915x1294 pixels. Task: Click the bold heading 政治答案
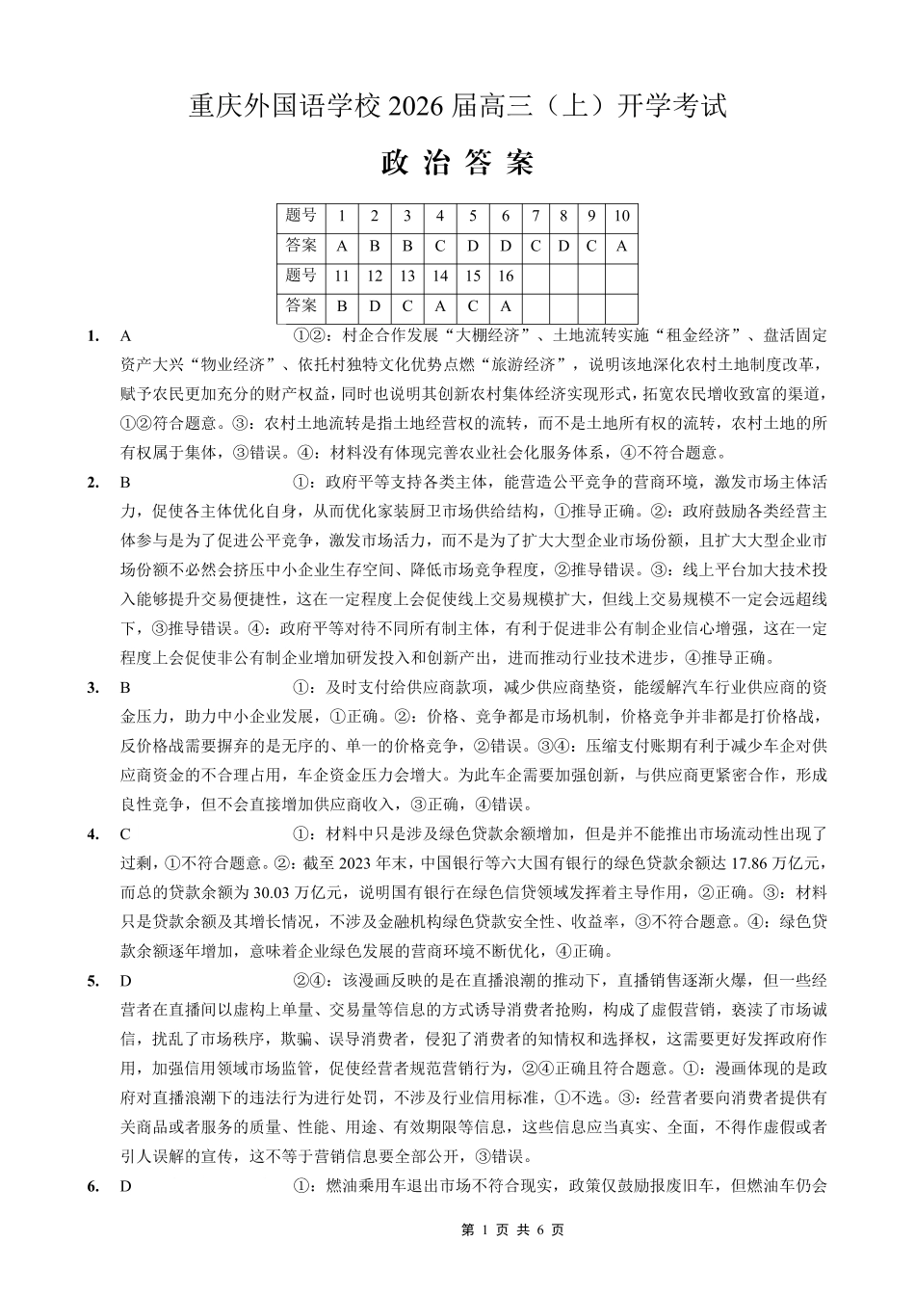[x=457, y=163]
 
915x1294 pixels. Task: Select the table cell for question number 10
[x=621, y=216]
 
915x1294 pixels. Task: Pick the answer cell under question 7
[x=536, y=246]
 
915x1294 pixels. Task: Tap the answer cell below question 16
[x=505, y=306]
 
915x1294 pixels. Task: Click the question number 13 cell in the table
[x=407, y=277]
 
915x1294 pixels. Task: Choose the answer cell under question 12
[x=375, y=306]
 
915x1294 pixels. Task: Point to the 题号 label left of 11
[x=301, y=277]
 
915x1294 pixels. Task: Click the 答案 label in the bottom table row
[x=301, y=306]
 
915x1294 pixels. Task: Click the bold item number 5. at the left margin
[x=93, y=982]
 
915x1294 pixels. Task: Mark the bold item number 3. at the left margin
[x=93, y=688]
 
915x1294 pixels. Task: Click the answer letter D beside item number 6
[x=125, y=1187]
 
